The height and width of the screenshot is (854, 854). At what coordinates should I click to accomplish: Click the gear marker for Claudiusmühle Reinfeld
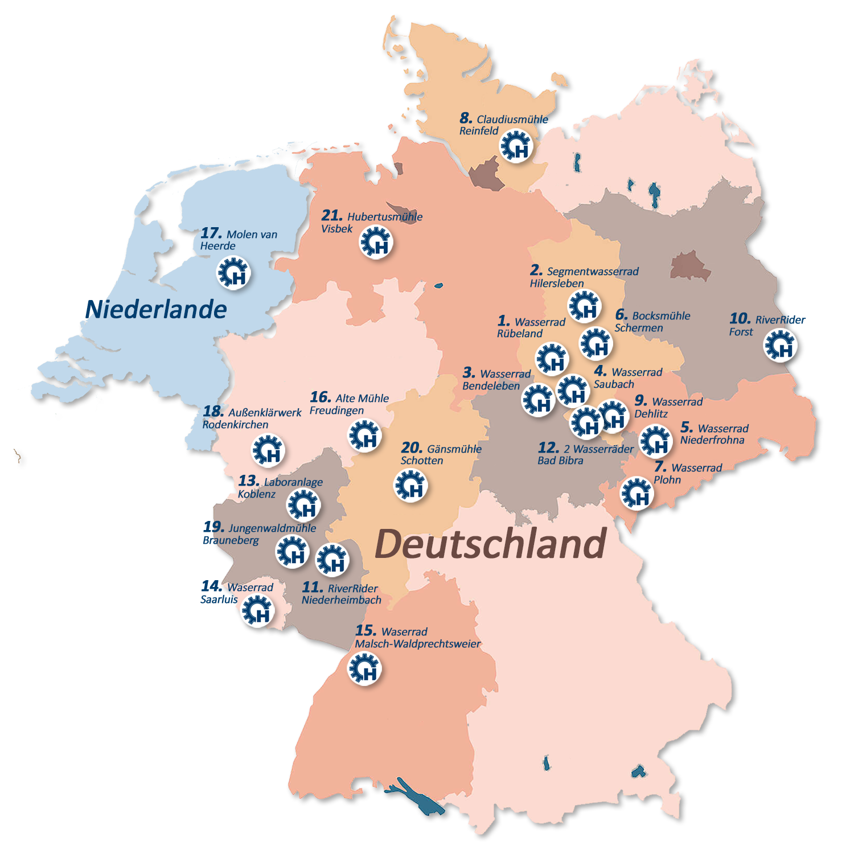(516, 146)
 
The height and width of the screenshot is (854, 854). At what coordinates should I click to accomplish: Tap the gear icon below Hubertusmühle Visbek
(376, 243)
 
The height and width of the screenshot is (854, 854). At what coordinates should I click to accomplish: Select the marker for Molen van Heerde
(233, 273)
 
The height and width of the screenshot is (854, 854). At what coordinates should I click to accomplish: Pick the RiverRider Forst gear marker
(780, 345)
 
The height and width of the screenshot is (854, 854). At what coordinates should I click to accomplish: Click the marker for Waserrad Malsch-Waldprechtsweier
(364, 669)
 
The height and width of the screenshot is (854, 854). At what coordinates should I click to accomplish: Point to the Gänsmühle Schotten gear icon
(410, 485)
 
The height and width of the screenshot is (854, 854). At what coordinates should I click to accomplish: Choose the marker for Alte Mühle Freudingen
(364, 436)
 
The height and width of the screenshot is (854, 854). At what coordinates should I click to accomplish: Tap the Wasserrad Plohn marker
(637, 493)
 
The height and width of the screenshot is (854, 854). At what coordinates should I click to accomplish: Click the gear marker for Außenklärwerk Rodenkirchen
(268, 450)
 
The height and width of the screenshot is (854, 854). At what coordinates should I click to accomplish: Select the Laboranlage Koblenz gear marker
(303, 505)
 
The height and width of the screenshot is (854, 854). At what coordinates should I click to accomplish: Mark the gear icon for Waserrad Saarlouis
(258, 611)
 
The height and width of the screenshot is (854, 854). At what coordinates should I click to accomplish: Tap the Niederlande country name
(157, 310)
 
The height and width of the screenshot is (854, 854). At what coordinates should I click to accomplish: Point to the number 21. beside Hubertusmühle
(332, 216)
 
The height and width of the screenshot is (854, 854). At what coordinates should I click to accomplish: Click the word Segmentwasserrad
(593, 272)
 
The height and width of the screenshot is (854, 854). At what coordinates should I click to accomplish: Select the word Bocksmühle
(661, 316)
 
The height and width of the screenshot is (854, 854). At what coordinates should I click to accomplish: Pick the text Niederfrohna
(712, 440)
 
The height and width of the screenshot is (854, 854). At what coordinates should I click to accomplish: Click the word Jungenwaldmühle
(272, 528)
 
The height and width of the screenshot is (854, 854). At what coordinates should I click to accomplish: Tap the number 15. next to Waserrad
(366, 631)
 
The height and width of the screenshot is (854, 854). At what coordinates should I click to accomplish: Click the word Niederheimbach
(342, 600)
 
